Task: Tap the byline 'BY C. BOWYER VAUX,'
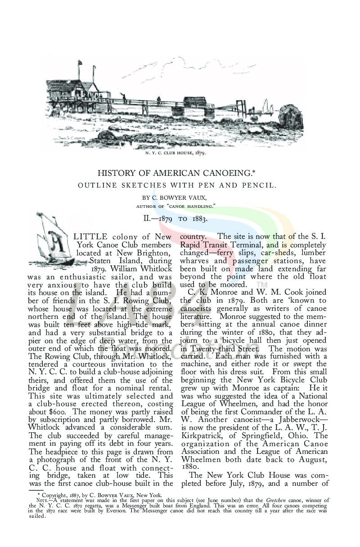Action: coord(176,197)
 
